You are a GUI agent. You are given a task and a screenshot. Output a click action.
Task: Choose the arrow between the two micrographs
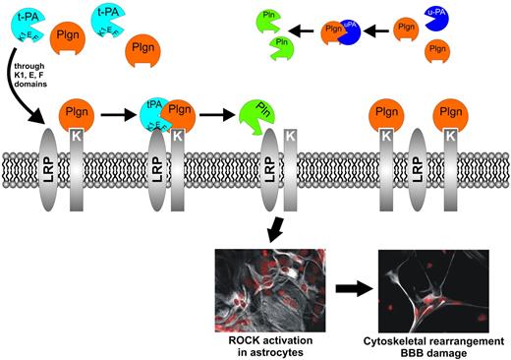pos(342,289)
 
